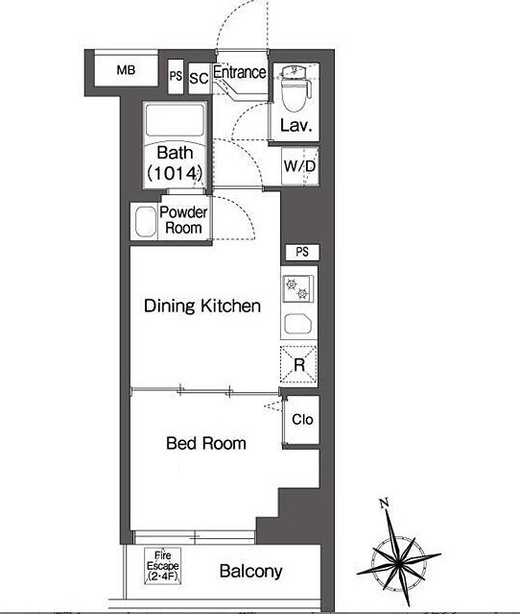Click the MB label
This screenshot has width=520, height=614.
pyautogui.click(x=126, y=70)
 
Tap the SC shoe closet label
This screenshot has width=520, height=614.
pyautogui.click(x=199, y=79)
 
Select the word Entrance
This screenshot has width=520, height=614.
pyautogui.click(x=240, y=72)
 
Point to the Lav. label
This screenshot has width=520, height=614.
pyautogui.click(x=295, y=125)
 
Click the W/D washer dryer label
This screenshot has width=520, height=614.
pyautogui.click(x=299, y=166)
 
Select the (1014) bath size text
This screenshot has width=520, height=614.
pyautogui.click(x=175, y=173)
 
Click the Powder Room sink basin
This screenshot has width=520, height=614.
pyautogui.click(x=146, y=222)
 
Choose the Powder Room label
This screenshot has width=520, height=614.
pyautogui.click(x=183, y=220)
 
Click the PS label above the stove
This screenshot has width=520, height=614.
pyautogui.click(x=302, y=252)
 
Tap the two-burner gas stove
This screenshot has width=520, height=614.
pyautogui.click(x=298, y=289)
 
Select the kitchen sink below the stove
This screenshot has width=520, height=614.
pyautogui.click(x=298, y=324)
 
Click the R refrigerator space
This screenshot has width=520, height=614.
pyautogui.click(x=299, y=364)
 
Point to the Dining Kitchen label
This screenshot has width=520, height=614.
pyautogui.click(x=202, y=306)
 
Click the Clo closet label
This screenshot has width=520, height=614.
pyautogui.click(x=302, y=419)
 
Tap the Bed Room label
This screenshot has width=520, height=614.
pyautogui.click(x=206, y=443)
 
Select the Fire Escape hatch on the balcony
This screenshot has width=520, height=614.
pyautogui.click(x=163, y=565)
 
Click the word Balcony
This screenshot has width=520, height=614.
pyautogui.click(x=250, y=572)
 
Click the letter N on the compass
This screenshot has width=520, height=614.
pyautogui.click(x=384, y=503)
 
